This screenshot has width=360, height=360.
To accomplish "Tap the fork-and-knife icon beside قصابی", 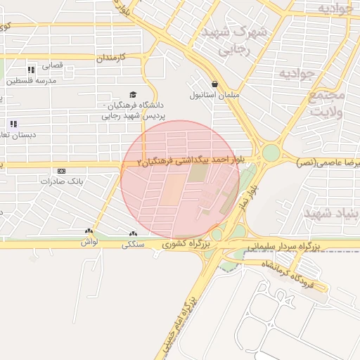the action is pos(31,70).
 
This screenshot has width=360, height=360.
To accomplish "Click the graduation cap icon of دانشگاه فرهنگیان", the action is pos(132,94).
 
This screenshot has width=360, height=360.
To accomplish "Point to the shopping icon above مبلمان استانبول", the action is pos(214,83).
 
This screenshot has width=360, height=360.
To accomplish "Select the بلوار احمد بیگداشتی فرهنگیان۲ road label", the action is pos(190,161).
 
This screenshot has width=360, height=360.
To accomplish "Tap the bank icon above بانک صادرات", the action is pos(62,171).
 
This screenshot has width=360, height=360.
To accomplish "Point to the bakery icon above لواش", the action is pos(89,231).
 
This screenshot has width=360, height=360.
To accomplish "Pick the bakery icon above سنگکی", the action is pos(133,233).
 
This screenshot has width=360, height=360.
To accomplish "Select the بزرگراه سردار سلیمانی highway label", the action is pos(284,246).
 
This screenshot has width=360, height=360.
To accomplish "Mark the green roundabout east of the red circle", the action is pos(271,153).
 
